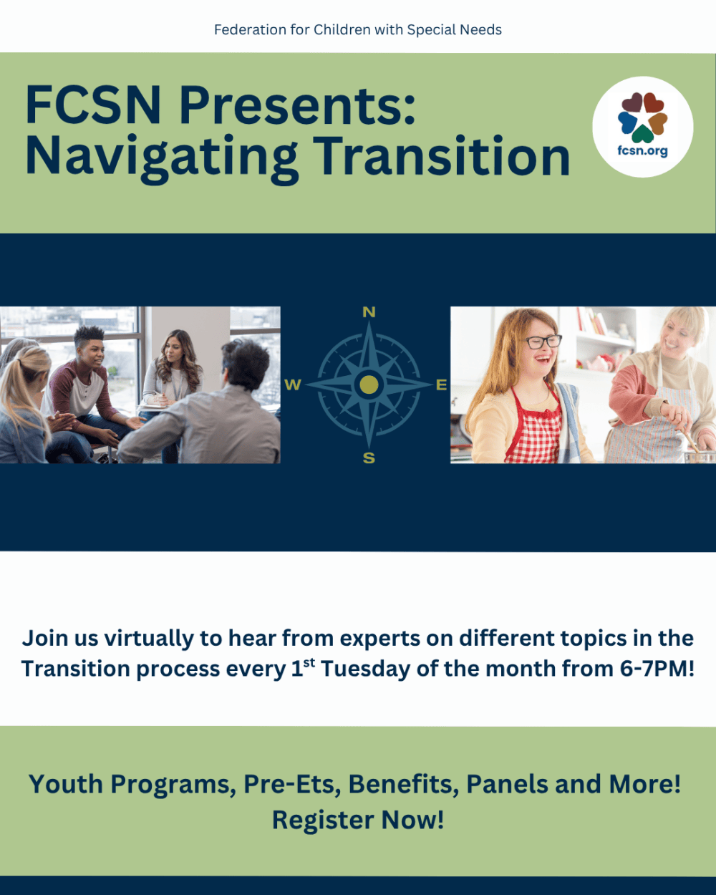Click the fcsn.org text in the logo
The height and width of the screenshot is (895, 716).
pos(642,150)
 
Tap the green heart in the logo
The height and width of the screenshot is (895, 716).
pos(642,135)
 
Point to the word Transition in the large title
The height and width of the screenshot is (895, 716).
pos(442,155)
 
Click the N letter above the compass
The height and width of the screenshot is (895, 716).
pos(369,312)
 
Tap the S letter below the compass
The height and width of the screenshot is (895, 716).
pos(369,458)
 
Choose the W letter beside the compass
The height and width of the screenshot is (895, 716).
pos(293,384)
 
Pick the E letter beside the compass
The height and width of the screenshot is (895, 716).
pos(442,384)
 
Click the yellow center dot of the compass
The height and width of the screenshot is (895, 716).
pos(369,384)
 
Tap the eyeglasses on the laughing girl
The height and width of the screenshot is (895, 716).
pos(543,342)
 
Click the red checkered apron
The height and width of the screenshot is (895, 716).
pos(533,428)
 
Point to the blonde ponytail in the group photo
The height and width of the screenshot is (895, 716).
pos(21,387)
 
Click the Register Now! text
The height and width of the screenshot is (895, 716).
pos(358,820)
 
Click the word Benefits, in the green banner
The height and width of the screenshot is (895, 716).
pos(403,784)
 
